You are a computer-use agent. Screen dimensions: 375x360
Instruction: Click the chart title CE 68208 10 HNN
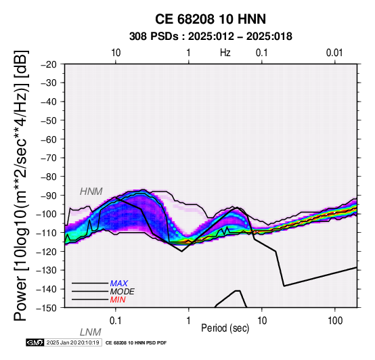click(x=211, y=19)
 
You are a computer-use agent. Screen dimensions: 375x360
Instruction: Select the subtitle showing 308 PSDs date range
click(x=211, y=37)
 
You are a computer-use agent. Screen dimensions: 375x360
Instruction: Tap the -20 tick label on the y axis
click(x=49, y=64)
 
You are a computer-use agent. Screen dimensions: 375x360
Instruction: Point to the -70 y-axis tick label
click(x=49, y=158)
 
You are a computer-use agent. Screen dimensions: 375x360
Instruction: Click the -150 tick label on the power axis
click(x=47, y=308)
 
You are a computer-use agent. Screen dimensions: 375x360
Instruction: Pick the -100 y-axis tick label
click(x=47, y=214)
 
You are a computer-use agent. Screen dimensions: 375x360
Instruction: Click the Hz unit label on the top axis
click(x=225, y=53)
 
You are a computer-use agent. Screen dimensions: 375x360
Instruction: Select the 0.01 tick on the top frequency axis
click(x=334, y=53)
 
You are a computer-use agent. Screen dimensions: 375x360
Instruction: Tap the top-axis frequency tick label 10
click(x=116, y=53)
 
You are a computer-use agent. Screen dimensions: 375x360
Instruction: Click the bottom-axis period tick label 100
click(x=335, y=321)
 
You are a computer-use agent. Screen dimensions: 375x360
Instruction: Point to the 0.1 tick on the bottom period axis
click(x=116, y=321)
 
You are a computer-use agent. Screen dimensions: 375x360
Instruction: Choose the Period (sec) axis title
click(x=225, y=328)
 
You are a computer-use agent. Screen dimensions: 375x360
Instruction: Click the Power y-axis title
click(x=21, y=185)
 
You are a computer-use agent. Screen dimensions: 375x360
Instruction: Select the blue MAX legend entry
click(x=119, y=284)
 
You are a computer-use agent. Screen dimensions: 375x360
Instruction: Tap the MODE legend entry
click(x=123, y=292)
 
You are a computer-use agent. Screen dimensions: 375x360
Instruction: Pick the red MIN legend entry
click(x=118, y=300)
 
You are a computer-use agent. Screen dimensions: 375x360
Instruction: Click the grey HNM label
click(x=91, y=192)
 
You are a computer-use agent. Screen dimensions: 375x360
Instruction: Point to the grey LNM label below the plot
click(x=91, y=332)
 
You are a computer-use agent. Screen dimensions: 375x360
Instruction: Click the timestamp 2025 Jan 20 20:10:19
click(x=72, y=342)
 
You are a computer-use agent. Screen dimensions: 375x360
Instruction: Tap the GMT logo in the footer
click(x=35, y=342)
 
